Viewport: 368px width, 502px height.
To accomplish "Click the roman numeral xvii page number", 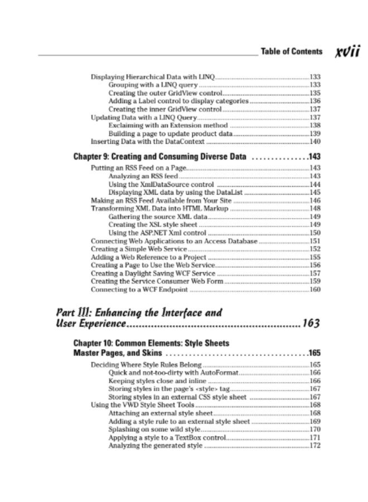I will click(347, 51).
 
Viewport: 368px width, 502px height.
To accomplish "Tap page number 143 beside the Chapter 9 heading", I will click(314, 156).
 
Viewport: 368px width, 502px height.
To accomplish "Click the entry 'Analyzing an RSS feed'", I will click(143, 176).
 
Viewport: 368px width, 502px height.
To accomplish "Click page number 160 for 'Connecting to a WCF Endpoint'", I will click(314, 289).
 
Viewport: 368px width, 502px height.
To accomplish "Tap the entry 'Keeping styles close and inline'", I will click(153, 380).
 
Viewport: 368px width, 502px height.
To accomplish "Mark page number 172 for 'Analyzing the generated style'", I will click(314, 446).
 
